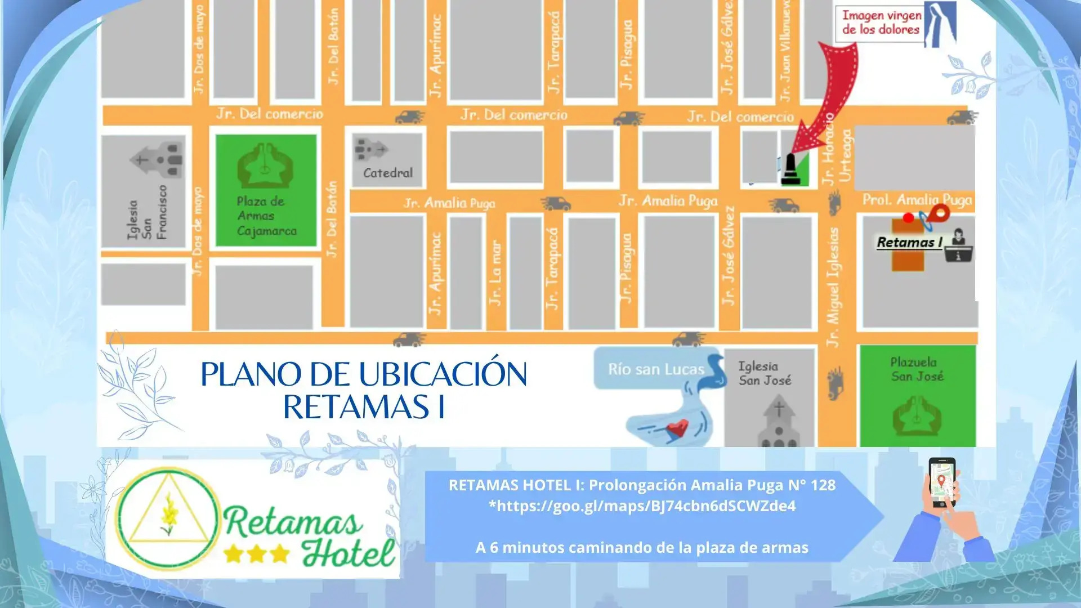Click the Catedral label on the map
(387, 173)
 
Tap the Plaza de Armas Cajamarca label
(266, 216)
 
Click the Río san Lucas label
(656, 369)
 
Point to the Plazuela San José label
(917, 369)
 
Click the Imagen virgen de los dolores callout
(881, 23)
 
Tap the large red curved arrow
(831, 96)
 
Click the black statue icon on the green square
(790, 169)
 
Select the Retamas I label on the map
(909, 243)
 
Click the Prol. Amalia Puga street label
(917, 200)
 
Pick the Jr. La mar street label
(495, 273)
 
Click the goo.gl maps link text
(642, 506)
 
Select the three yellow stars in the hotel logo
(257, 554)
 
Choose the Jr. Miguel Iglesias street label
(833, 287)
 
